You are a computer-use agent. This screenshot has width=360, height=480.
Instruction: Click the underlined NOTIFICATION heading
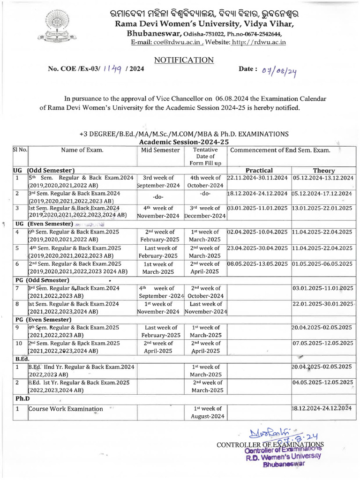point(184,60)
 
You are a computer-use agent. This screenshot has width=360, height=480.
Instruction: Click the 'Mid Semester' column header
point(160,150)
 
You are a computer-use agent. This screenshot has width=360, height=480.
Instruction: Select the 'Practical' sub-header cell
point(259,170)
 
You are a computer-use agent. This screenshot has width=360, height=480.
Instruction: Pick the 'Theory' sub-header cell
point(324,171)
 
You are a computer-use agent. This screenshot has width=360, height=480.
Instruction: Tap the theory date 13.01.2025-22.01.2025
point(323,208)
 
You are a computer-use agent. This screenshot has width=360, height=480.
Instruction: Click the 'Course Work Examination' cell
point(66,409)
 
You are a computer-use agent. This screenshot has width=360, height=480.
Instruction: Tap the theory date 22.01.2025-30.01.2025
point(323,304)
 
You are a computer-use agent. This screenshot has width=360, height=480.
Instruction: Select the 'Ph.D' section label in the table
point(21,398)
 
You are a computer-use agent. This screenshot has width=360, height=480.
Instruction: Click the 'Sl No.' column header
point(20,150)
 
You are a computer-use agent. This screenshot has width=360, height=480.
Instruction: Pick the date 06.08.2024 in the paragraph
point(234,98)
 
